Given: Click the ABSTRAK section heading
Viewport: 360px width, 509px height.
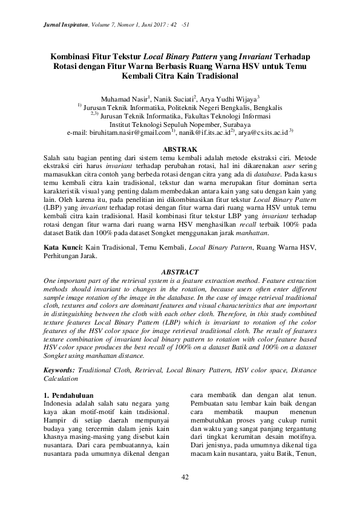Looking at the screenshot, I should coord(180,149).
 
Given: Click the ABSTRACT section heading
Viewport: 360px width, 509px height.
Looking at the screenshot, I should coord(180,273).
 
